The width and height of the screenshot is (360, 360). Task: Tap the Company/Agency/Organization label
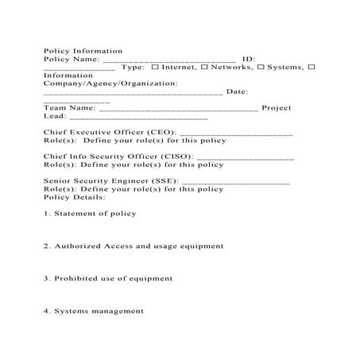coord(110,83)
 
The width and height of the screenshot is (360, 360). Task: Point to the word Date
coord(238,91)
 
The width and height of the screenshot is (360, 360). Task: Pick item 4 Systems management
coord(94,312)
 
